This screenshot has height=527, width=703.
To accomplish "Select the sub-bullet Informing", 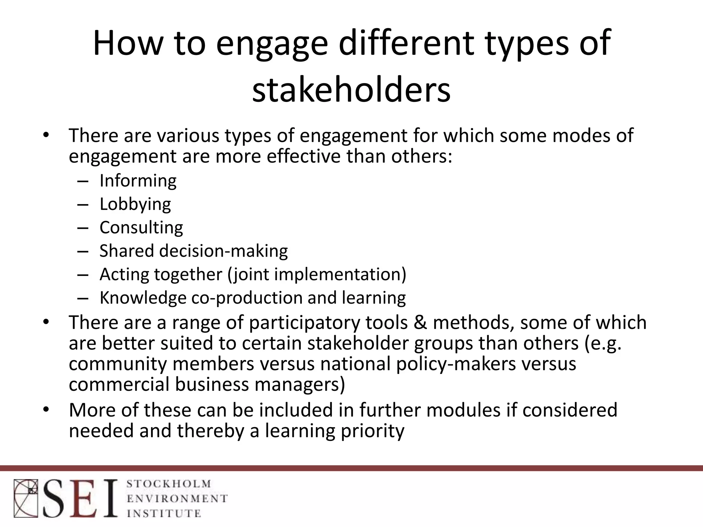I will click(138, 180).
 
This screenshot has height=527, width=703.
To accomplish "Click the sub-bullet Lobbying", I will click(135, 204).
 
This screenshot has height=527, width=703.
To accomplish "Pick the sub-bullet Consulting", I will click(141, 227).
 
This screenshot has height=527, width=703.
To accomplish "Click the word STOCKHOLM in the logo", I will click(169, 484).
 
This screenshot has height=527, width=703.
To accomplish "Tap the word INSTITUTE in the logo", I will click(164, 513).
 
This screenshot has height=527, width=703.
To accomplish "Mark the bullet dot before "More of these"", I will click(46, 410).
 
